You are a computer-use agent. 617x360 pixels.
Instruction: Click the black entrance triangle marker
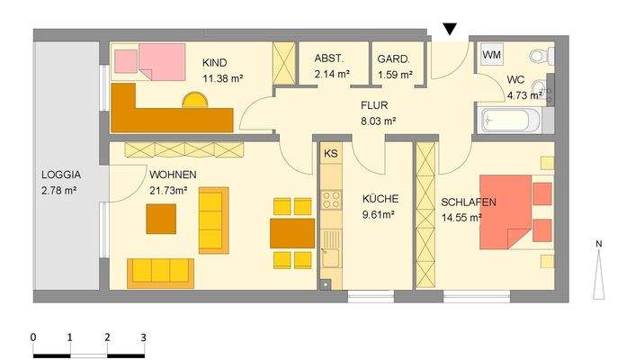(451, 31)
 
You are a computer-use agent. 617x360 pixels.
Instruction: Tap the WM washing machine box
(492, 55)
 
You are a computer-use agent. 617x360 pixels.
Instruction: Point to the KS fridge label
(331, 154)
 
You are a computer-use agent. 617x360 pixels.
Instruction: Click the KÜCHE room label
(380, 199)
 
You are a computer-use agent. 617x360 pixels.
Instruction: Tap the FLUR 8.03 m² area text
(378, 119)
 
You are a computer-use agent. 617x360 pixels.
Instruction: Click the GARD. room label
(394, 59)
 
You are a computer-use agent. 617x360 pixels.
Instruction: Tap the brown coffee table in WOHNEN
(161, 218)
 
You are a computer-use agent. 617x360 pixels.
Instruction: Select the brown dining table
(292, 232)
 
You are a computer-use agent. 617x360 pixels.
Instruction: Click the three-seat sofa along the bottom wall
(161, 271)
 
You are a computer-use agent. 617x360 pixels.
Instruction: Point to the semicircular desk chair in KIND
(193, 99)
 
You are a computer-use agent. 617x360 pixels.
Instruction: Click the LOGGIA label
(61, 175)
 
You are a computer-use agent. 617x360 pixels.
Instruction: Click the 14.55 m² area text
(461, 217)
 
